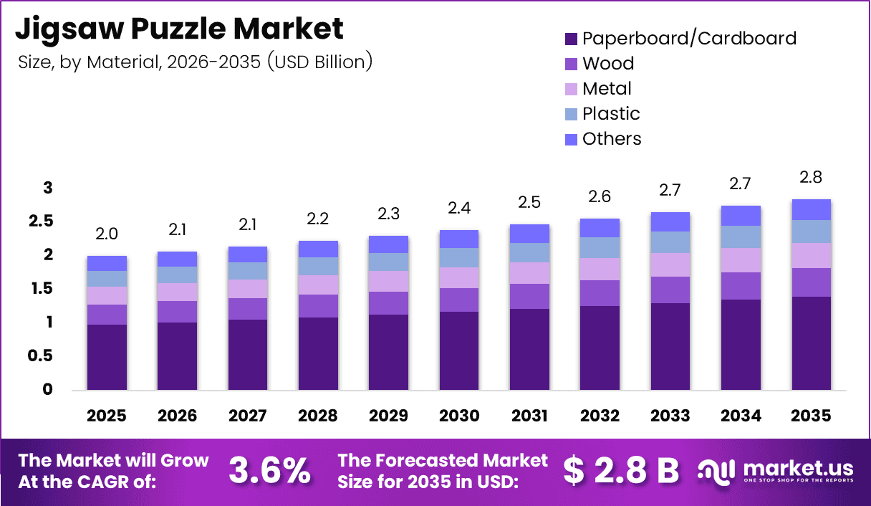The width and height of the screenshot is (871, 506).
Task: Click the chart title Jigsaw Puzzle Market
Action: (179, 29)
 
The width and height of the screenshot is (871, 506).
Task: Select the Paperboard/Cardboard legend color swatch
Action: (571, 39)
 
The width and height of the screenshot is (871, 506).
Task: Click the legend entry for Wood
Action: (608, 64)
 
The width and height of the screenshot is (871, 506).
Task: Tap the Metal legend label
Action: (607, 89)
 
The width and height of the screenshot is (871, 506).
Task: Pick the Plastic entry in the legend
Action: (611, 114)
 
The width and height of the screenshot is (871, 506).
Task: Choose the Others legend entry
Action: (612, 139)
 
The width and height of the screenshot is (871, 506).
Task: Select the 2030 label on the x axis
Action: (459, 416)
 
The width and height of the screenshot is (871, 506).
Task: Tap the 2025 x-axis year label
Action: (107, 416)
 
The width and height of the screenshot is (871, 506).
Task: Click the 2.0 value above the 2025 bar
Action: (107, 234)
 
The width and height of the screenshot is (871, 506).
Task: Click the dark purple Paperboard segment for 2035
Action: (811, 344)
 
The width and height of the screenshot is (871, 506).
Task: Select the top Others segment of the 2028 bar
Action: (318, 249)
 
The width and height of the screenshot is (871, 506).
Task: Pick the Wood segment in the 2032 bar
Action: (600, 293)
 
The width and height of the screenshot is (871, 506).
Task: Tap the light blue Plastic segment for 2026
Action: (177, 275)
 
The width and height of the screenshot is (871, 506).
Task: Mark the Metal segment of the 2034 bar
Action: (741, 260)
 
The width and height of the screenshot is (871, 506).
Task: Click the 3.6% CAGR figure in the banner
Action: (269, 470)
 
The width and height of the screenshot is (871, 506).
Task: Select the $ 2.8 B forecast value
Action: (620, 470)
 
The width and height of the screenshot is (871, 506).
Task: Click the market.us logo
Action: (776, 470)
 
